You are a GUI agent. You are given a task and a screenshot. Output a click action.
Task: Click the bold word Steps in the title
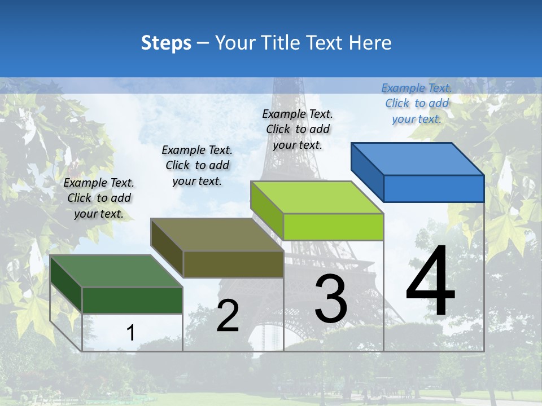(x=166, y=43)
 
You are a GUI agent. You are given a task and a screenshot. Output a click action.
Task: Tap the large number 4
(x=430, y=282)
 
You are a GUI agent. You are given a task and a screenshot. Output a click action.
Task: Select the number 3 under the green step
(x=331, y=299)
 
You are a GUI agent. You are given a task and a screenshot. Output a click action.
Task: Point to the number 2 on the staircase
(x=228, y=316)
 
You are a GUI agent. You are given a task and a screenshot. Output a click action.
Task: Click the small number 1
(x=130, y=333)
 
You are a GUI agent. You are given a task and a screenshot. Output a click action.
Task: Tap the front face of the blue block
(x=434, y=188)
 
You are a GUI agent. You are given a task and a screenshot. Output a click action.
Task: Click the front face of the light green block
(x=333, y=227)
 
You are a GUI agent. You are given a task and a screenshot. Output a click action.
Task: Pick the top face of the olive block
(x=217, y=234)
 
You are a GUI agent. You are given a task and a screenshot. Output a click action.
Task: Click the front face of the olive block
(x=233, y=264)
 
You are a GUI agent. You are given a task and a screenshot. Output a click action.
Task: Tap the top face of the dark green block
(x=116, y=271)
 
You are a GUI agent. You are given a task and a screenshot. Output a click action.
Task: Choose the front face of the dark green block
(x=132, y=300)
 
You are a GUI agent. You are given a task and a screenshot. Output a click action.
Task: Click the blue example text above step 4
(x=417, y=103)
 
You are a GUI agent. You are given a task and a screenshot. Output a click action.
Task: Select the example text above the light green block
(x=298, y=129)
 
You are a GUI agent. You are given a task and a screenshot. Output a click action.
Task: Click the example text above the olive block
(x=197, y=165)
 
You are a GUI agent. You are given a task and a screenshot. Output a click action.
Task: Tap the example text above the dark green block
(x=99, y=198)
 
